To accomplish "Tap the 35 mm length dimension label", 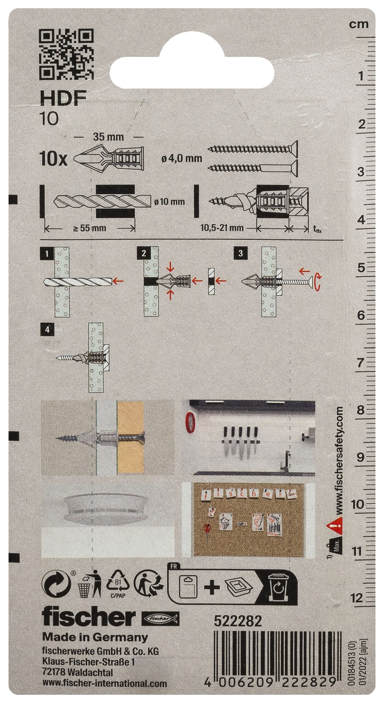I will (x=109, y=137).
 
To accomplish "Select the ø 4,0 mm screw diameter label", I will (x=181, y=158).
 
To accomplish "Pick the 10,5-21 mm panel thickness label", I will (x=222, y=227).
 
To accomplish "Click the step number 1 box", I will (x=46, y=254).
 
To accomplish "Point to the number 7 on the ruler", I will (x=360, y=363).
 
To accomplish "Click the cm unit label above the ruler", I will (x=359, y=24).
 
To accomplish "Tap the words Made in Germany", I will (x=95, y=637).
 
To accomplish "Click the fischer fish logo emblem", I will (x=160, y=619).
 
